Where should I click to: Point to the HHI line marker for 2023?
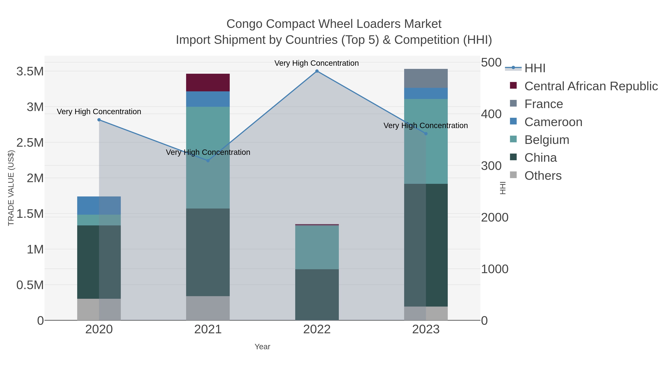[x=426, y=134]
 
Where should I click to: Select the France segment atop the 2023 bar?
[x=426, y=78]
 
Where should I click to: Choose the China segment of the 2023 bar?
[x=426, y=245]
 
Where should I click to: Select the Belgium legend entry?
[x=547, y=140]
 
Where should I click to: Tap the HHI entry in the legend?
[x=535, y=68]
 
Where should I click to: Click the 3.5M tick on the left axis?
[x=30, y=71]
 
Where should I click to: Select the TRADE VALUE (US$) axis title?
[x=11, y=188]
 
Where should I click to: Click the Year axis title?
[x=262, y=347]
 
